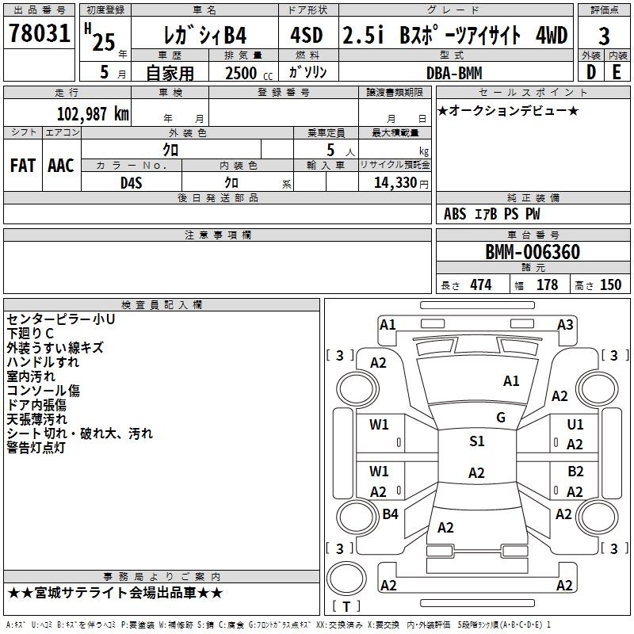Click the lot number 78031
39,32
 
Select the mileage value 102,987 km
93,113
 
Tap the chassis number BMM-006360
533,252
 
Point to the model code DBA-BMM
454,73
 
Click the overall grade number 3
604,36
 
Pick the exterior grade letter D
591,72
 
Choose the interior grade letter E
617,72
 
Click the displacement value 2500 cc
249,73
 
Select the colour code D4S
132,183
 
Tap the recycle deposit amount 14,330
395,183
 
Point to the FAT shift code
23,166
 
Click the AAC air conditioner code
61,166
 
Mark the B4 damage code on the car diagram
390,514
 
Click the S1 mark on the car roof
477,441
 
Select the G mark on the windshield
501,418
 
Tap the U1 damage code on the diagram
575,424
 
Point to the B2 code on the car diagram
575,471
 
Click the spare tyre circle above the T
346,579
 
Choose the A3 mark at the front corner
565,325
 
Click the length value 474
481,285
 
